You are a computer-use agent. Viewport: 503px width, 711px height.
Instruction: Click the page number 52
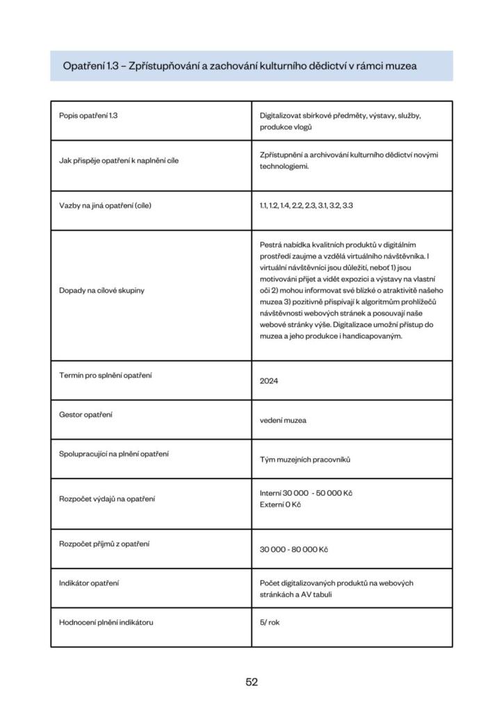pos(251,682)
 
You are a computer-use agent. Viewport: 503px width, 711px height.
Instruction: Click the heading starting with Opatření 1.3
pos(240,66)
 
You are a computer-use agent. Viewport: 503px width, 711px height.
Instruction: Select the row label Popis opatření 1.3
pos(89,115)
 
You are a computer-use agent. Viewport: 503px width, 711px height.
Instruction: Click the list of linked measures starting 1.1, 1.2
pos(306,206)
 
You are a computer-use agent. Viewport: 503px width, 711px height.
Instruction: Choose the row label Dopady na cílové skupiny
pos(101,290)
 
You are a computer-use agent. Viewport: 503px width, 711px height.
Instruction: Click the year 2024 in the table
pos(269,381)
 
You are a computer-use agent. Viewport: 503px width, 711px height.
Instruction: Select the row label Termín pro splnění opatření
pos(106,376)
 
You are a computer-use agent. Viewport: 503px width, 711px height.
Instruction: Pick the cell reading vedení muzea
pos(283,420)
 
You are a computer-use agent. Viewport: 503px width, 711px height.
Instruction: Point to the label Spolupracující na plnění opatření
pos(113,454)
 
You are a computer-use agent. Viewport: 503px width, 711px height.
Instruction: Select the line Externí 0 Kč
pos(280,505)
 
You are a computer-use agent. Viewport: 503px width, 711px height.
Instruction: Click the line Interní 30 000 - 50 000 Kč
pos(306,493)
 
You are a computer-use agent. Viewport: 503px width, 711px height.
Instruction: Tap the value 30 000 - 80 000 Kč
pos(294,549)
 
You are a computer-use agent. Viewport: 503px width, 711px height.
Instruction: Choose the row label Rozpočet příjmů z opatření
pos(104,544)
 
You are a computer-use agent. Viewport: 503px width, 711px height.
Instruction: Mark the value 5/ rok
pos(270,622)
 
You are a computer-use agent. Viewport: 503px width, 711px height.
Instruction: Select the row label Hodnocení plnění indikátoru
pos(106,622)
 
